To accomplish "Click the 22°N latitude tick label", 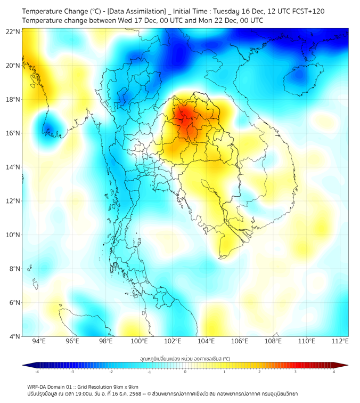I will click(13, 31).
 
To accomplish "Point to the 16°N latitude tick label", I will click(13, 133).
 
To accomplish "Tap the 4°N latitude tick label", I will click(14, 336).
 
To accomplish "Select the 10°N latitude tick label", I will click(13, 235).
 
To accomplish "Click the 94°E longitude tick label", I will click(39, 342).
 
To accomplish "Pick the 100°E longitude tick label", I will click(139, 342).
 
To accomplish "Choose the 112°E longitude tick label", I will click(340, 342).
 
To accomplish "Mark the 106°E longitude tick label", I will click(240, 342).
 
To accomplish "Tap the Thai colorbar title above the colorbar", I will click(185, 359).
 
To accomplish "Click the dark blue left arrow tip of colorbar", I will click(25, 365).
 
